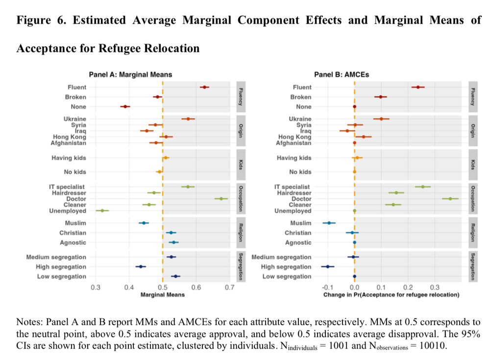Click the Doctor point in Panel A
221,198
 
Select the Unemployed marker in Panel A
102,211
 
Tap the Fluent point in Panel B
418,87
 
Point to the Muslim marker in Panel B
329,223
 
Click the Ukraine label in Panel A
74,119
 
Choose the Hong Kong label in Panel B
295,137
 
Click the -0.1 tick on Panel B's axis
327,287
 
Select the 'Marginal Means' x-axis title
163,295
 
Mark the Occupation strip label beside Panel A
241,198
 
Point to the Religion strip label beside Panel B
473,233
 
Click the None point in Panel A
125,106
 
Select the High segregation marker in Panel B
328,266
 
